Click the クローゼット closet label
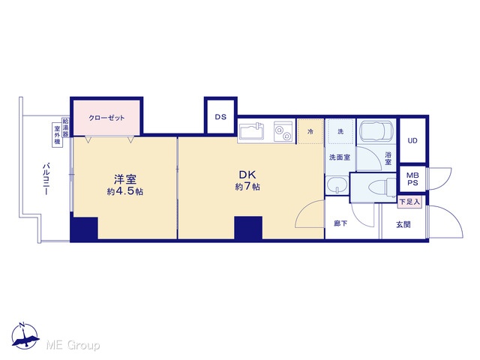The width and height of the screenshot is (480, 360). coord(106,118)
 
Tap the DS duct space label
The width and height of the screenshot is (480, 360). coord(220,117)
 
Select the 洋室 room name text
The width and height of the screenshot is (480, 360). coord(125,179)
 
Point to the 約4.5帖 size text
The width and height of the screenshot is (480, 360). coord(125,192)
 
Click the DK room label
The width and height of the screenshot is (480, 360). coord(247,175)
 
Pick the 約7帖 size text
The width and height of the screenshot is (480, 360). coord(247,187)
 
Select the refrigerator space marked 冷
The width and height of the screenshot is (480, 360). coord(310,132)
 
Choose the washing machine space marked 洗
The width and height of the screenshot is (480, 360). coord(340,132)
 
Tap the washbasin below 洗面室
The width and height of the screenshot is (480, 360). coord(337,185)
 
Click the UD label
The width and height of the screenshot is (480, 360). coord(412,141)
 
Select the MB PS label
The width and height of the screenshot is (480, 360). coord(412,179)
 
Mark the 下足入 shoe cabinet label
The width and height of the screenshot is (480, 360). coord(409,202)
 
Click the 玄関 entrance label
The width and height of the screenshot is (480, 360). coord(403,225)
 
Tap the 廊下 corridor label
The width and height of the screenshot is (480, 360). coord(340,223)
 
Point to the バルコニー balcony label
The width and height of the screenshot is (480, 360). coord(46,179)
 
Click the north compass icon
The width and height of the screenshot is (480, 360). coord(25,335)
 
